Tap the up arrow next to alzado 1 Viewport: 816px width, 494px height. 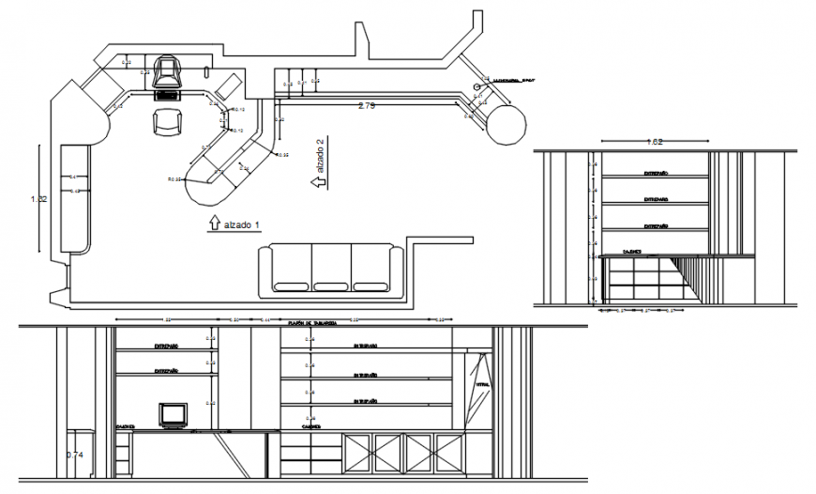[213, 224]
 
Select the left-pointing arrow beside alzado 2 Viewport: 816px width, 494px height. [320, 183]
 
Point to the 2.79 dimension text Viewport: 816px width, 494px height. [367, 107]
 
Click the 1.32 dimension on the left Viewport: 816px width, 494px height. [38, 199]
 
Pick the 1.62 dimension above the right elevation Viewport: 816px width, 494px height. [656, 143]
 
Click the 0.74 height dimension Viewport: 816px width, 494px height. [74, 455]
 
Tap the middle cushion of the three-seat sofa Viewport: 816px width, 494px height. [331, 270]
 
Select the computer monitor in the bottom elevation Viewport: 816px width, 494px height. [173, 415]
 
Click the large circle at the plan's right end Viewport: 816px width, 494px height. [507, 124]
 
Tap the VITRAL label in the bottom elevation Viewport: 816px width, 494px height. [482, 385]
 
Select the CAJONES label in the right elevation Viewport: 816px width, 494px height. [629, 252]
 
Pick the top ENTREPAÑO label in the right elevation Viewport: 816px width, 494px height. [656, 174]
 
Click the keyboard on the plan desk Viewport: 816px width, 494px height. [169, 94]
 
